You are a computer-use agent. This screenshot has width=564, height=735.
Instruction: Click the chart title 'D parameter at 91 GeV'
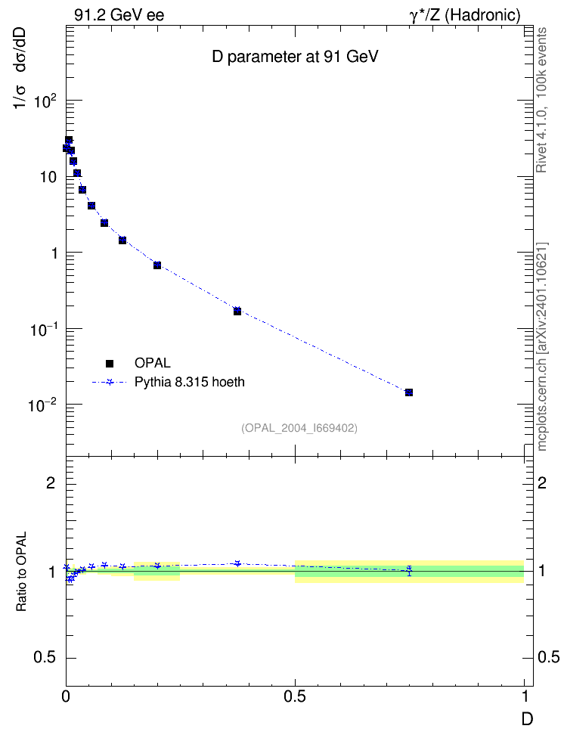point(295,57)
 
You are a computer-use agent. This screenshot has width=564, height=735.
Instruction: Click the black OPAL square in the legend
point(110,363)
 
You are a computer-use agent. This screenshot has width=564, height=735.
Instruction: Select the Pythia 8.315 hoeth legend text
point(190,382)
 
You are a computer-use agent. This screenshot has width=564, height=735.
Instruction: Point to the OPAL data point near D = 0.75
point(409,392)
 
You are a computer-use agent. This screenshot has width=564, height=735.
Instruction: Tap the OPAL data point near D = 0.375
point(237,311)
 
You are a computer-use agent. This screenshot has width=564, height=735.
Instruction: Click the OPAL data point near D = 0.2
point(157,265)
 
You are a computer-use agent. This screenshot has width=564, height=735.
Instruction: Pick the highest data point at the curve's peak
point(69,140)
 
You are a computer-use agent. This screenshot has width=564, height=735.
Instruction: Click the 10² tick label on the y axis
point(45,101)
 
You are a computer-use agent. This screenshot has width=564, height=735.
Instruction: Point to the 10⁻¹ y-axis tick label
point(44,329)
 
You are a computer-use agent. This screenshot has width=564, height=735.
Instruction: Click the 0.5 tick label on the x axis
point(295,696)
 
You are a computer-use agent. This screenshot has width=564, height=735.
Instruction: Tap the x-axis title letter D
point(528,718)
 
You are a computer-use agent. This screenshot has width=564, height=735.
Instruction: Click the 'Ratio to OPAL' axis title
point(21,572)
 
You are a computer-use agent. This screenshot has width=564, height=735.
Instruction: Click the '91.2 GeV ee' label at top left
point(119,15)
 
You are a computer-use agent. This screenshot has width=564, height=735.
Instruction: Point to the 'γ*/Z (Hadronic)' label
point(465,15)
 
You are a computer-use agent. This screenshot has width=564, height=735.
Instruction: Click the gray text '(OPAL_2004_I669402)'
point(299,428)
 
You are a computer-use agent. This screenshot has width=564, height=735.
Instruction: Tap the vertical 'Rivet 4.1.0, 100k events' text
point(541,100)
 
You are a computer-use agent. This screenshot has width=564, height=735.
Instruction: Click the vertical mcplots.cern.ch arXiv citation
point(541,346)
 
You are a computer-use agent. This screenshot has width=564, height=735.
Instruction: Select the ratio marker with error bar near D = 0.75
point(409,570)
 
